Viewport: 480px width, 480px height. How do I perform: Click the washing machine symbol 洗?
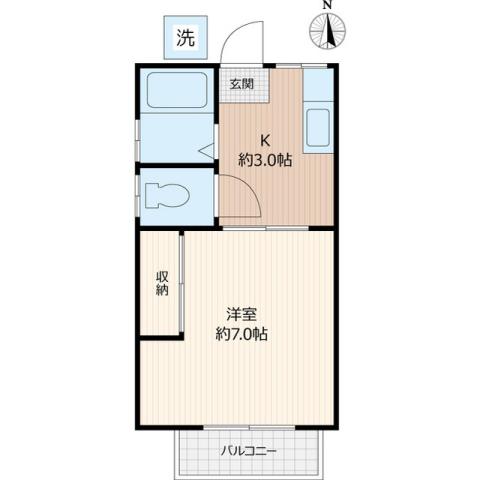click(185, 39)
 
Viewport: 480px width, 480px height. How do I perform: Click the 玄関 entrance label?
click(242, 84)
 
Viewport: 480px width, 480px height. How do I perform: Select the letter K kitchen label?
click(266, 139)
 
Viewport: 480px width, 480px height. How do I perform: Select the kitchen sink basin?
click(318, 130)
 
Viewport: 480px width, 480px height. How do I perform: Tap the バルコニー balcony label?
click(249, 451)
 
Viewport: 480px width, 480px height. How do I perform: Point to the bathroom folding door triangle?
click(207, 152)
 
